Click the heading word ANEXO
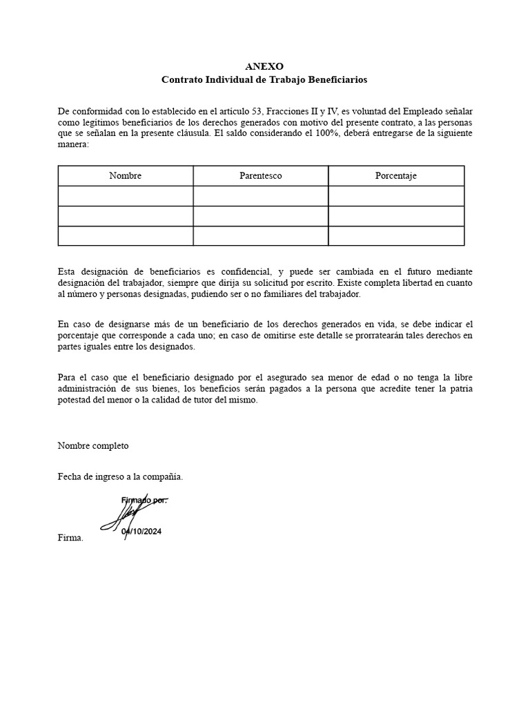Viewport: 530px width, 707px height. click(264, 66)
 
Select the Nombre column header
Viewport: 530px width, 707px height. click(125, 175)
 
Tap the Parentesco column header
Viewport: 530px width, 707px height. click(260, 175)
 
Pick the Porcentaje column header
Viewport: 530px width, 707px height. click(395, 175)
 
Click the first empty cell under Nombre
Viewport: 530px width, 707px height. click(125, 196)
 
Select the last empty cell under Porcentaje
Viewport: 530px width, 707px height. click(395, 236)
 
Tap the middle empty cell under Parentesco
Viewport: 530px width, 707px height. click(260, 216)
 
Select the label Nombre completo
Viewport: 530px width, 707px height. click(93, 445)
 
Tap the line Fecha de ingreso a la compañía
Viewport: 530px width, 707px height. click(120, 476)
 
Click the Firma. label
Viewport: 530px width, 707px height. click(70, 538)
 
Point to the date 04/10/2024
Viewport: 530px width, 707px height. click(141, 532)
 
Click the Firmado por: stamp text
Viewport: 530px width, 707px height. click(144, 499)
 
